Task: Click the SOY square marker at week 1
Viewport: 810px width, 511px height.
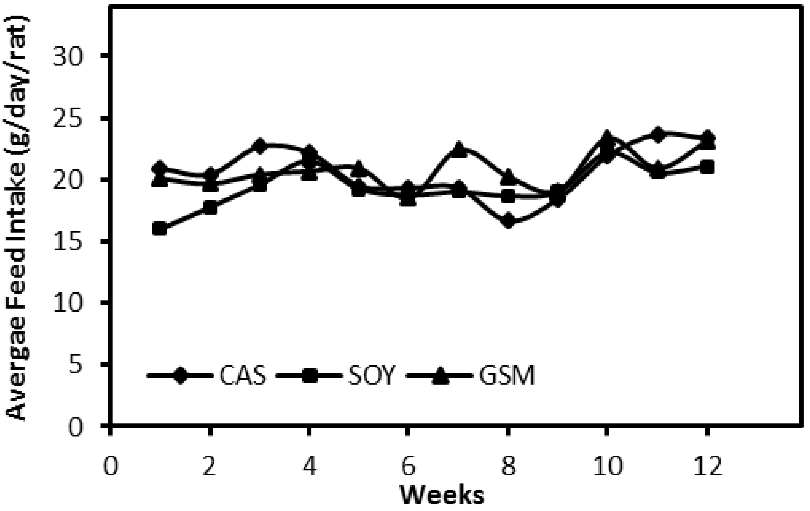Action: coord(160,229)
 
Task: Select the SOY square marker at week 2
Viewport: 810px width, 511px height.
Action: coord(211,207)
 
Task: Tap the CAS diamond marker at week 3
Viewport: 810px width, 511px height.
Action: coord(259,145)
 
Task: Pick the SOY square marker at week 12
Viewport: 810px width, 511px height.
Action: coord(707,167)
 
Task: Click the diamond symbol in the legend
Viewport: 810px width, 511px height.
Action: coord(181,375)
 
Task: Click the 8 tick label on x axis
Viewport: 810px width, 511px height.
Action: coord(508,467)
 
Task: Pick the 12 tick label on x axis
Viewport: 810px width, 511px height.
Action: coord(707,467)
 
